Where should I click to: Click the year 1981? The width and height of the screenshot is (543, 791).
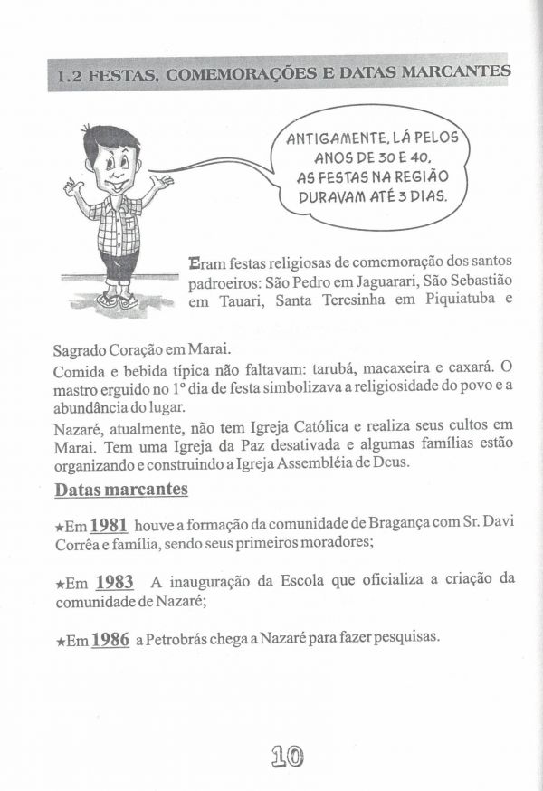pyautogui.click(x=109, y=526)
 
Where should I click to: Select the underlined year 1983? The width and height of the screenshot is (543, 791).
pyautogui.click(x=115, y=582)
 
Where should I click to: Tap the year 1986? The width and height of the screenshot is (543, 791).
pyautogui.click(x=110, y=639)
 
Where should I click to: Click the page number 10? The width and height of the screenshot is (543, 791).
pyautogui.click(x=285, y=756)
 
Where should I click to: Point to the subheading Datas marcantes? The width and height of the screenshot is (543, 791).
pyautogui.click(x=121, y=490)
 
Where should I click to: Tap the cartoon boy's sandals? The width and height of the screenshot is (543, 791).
pyautogui.click(x=118, y=300)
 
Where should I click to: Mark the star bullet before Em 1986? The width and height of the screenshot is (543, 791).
pyautogui.click(x=61, y=641)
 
